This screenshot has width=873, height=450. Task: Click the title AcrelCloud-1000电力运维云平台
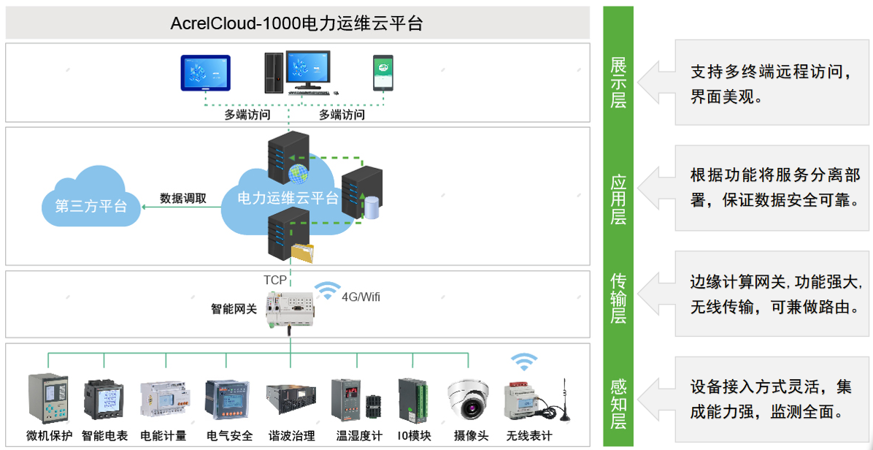296,23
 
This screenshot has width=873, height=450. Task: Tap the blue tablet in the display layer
205,73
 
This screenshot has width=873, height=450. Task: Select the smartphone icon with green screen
383,72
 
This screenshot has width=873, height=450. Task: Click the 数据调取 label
182,198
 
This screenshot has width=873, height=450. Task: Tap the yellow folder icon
306,252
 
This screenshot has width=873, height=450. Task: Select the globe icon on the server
298,174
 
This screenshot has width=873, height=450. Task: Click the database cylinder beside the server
372,206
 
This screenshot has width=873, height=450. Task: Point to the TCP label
275,280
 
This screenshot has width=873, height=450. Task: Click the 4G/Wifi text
361,297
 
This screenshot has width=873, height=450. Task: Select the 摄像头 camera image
469,399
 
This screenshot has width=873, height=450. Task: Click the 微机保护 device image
48,397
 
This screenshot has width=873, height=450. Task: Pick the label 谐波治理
291,436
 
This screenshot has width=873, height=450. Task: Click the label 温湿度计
358,436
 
